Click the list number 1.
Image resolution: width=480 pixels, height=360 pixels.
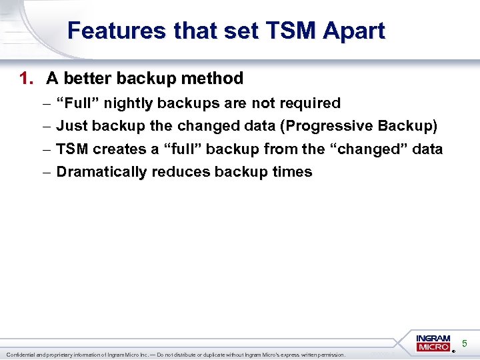[25, 79]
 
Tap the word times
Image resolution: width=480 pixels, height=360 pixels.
[292, 171]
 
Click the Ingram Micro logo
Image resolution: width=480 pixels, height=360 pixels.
[433, 343]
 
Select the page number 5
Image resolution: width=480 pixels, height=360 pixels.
[465, 343]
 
